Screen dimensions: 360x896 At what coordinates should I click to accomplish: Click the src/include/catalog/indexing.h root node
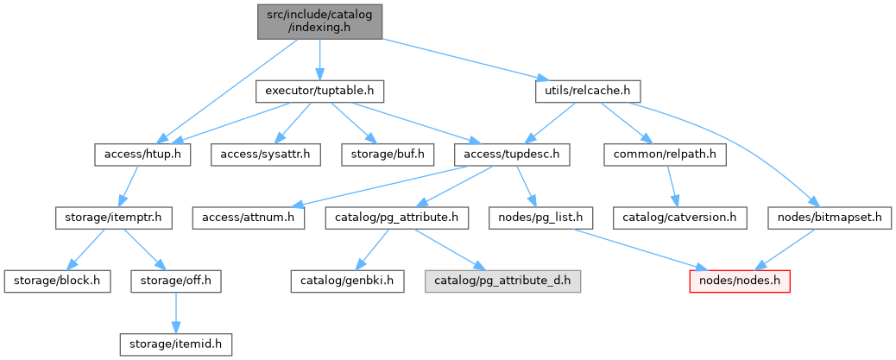[x=319, y=21]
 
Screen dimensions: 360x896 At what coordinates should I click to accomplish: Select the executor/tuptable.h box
[x=319, y=91]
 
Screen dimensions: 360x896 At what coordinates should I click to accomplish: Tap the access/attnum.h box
[x=249, y=218]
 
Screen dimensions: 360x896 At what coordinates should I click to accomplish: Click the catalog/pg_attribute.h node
[x=397, y=218]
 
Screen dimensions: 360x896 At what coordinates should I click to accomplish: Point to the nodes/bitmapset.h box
[x=829, y=218]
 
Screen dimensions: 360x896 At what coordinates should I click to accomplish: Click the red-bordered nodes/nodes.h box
[x=739, y=281]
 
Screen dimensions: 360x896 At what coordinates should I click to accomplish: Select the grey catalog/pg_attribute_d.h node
[x=503, y=281]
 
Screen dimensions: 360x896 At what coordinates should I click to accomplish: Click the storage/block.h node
[x=57, y=281]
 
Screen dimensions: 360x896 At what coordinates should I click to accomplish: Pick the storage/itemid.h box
[x=176, y=344]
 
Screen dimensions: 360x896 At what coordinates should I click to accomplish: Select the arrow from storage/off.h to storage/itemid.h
[x=175, y=312]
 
